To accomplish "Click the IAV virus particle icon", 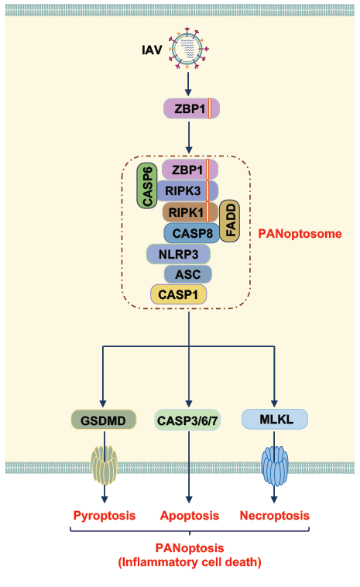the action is tap(189, 49).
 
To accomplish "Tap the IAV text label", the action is tap(152, 50).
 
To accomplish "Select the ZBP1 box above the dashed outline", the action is tap(191, 108).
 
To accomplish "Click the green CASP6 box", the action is tap(147, 186).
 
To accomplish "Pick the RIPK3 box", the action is tap(187, 191).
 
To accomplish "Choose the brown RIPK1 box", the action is tap(190, 212).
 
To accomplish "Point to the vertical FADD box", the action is tap(229, 221).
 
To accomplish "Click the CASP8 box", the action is tap(191, 233).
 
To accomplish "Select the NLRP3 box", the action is tap(178, 255).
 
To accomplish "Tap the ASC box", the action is tap(188, 274).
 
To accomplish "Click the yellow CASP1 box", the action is tap(179, 294).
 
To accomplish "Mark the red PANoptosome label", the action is tap(300, 234).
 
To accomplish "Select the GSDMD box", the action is tap(103, 420).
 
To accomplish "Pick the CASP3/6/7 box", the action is tap(187, 420).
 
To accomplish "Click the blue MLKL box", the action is tap(275, 419).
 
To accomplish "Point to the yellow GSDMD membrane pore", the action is tap(104, 465).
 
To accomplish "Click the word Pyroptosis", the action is tap(104, 516).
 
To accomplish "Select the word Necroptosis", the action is tap(275, 516).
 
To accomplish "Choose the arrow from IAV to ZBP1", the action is tap(188, 84).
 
